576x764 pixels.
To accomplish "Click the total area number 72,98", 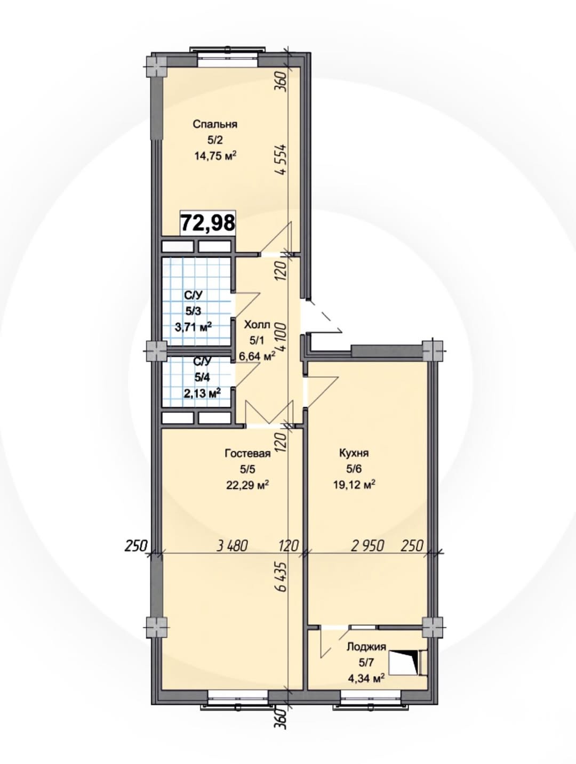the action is pyautogui.click(x=208, y=223).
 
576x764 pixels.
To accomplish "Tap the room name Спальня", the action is pyautogui.click(x=215, y=124).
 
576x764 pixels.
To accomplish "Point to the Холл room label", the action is pyautogui.click(x=257, y=325).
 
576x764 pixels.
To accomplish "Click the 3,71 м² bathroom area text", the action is pyautogui.click(x=194, y=327).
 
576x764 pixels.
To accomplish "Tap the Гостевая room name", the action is pyautogui.click(x=248, y=453).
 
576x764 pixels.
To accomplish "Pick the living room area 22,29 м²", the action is pyautogui.click(x=248, y=485).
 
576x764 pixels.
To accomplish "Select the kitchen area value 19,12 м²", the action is pyautogui.click(x=354, y=484).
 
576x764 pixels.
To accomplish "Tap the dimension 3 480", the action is pyautogui.click(x=232, y=545).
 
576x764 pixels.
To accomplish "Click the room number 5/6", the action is pyautogui.click(x=354, y=469).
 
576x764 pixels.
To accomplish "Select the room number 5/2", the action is pyautogui.click(x=215, y=140).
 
